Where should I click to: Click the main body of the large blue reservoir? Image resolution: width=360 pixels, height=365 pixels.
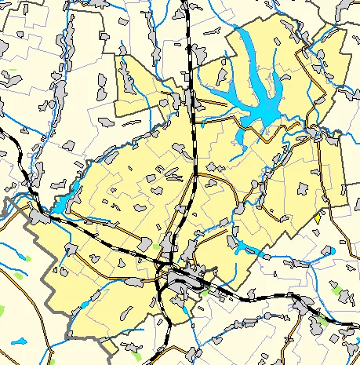coord(263,110)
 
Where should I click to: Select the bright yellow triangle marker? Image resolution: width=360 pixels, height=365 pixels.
coord(317,216)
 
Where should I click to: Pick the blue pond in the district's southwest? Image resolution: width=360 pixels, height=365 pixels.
coord(84,303)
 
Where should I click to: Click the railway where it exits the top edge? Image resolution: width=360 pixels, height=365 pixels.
coord(187,3)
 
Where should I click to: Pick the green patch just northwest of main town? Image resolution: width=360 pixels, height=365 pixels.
coord(158,247)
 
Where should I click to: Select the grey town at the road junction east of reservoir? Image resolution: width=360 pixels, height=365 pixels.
coord(318,133)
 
